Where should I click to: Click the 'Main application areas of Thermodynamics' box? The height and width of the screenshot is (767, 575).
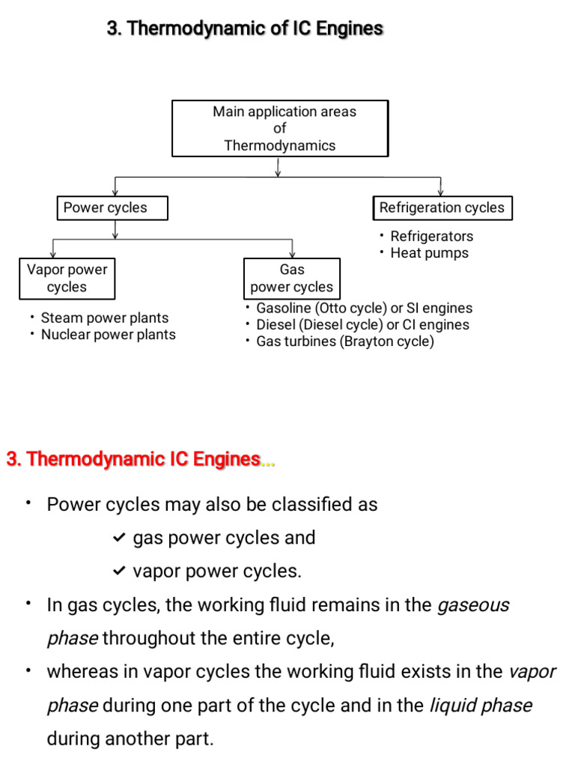coord(280,128)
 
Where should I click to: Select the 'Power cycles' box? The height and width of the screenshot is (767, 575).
coord(112,208)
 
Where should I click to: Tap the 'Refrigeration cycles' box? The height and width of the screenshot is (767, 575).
coord(442,208)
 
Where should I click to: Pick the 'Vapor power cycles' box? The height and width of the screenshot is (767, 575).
coord(67,278)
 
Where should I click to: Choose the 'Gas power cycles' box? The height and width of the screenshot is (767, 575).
coord(291,278)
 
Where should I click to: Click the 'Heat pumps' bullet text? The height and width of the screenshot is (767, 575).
coord(429,253)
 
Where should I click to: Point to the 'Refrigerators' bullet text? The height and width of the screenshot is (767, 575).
coord(431,236)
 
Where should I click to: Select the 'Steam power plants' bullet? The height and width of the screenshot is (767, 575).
coord(104,318)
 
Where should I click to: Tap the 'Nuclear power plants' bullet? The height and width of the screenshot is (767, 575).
coord(108,335)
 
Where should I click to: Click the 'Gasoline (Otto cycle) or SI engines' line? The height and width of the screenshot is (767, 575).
coord(364,308)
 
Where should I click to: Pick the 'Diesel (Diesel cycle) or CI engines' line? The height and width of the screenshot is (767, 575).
coord(362,325)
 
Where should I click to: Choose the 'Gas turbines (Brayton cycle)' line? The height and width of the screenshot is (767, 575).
coord(344,342)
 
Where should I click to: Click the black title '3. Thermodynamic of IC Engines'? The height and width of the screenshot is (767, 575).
coord(245,29)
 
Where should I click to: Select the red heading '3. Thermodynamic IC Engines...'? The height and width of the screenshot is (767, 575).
coord(140,459)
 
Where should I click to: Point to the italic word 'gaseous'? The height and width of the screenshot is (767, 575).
coord(472,605)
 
